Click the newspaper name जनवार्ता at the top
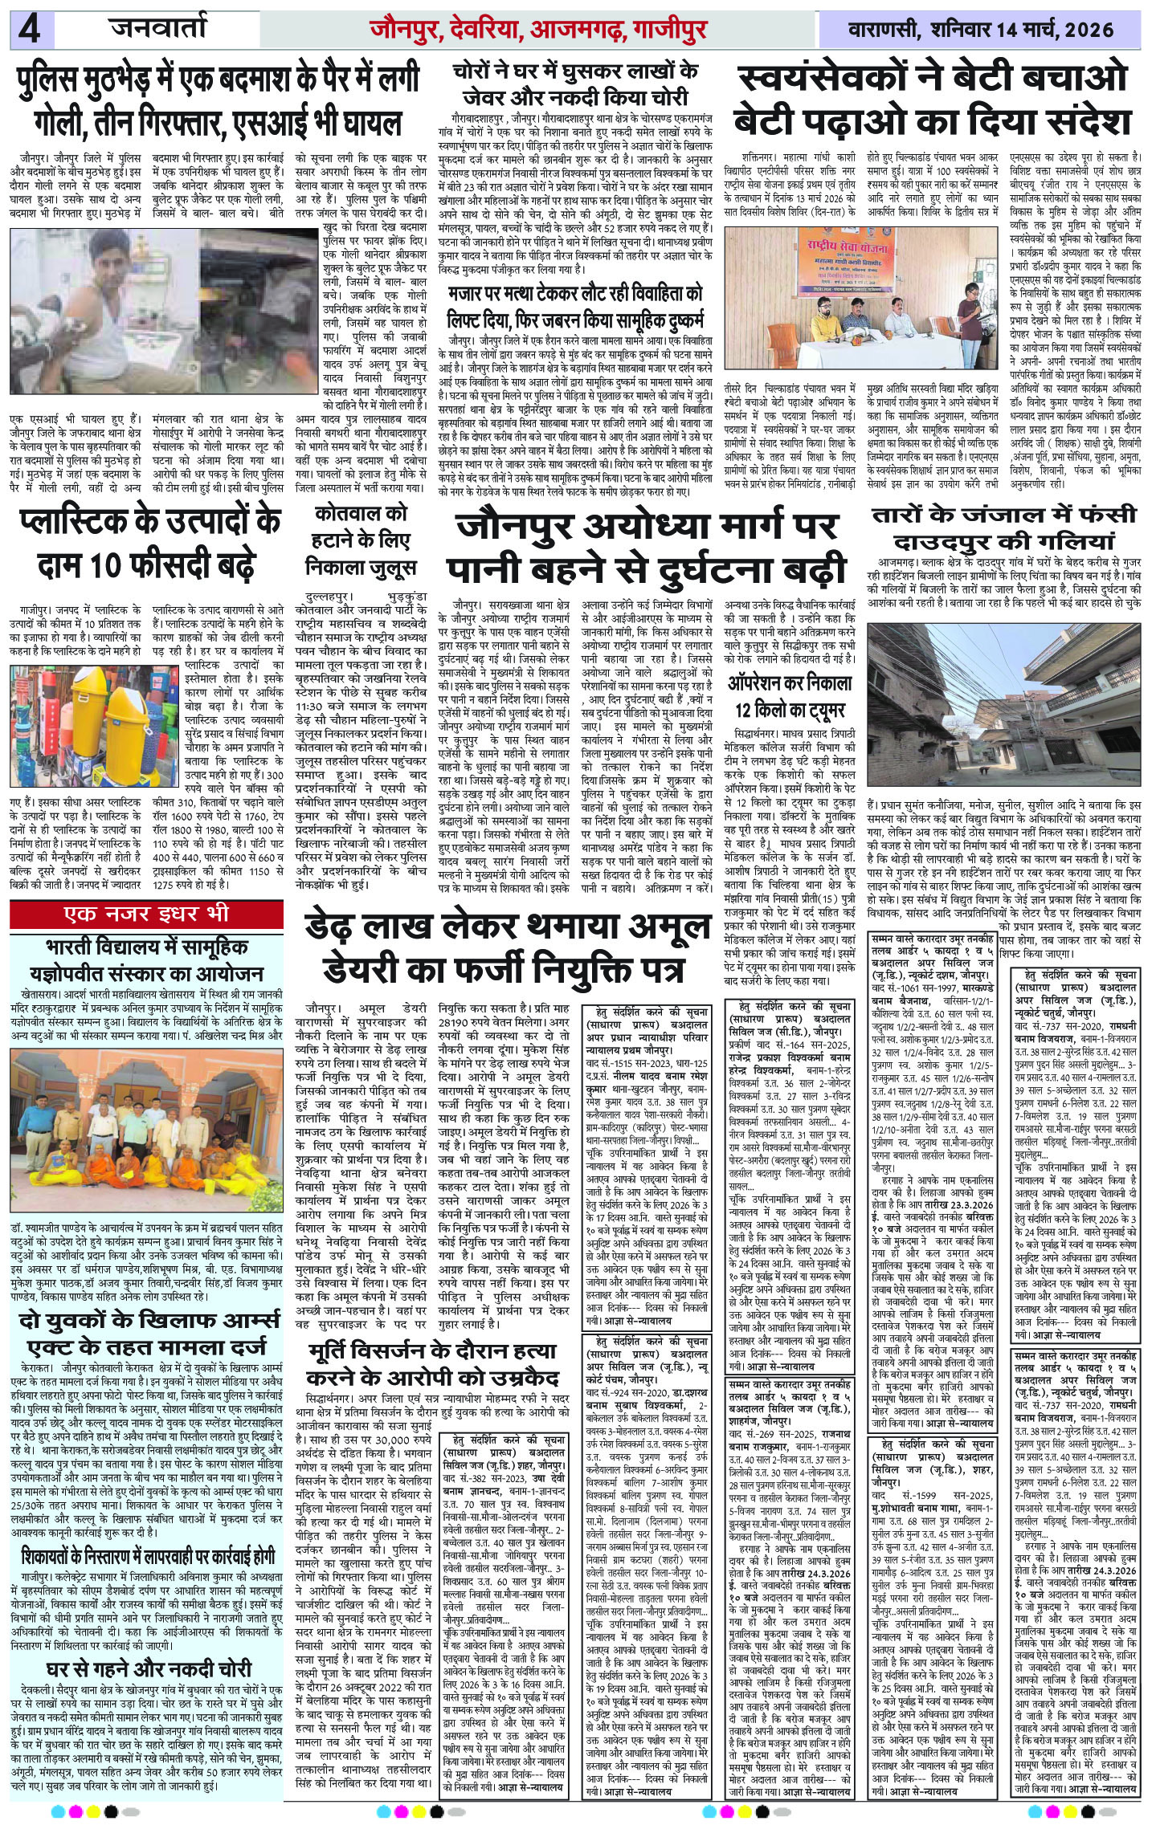tap(160, 31)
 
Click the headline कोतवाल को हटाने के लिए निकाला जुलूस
tap(360, 539)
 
